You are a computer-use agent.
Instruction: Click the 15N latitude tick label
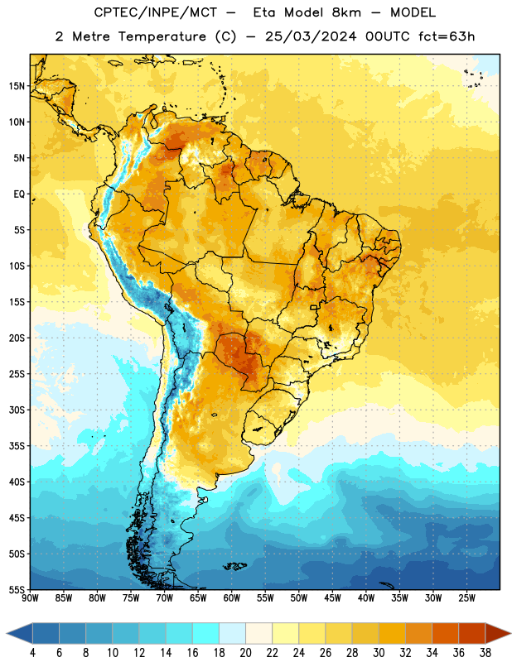tap(17, 86)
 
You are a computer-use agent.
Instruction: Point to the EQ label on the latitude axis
tap(19, 194)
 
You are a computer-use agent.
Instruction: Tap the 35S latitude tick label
tap(17, 446)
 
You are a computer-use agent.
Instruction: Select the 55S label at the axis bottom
tap(17, 590)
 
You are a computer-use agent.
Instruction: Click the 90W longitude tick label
tap(30, 598)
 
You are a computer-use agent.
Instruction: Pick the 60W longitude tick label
tap(232, 598)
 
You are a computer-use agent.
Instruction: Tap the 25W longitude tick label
tap(466, 598)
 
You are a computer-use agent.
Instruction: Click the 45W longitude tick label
tap(332, 598)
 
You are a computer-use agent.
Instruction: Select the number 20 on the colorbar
tap(245, 653)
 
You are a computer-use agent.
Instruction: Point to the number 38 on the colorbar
tap(485, 653)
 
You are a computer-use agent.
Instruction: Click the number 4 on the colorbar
tap(32, 653)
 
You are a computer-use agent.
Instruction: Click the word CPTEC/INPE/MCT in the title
tap(156, 12)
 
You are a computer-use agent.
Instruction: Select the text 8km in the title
tap(346, 12)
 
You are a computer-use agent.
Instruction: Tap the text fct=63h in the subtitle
tap(447, 36)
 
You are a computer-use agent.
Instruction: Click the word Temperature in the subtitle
tap(162, 36)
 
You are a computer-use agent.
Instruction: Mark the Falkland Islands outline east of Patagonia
tap(234, 566)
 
